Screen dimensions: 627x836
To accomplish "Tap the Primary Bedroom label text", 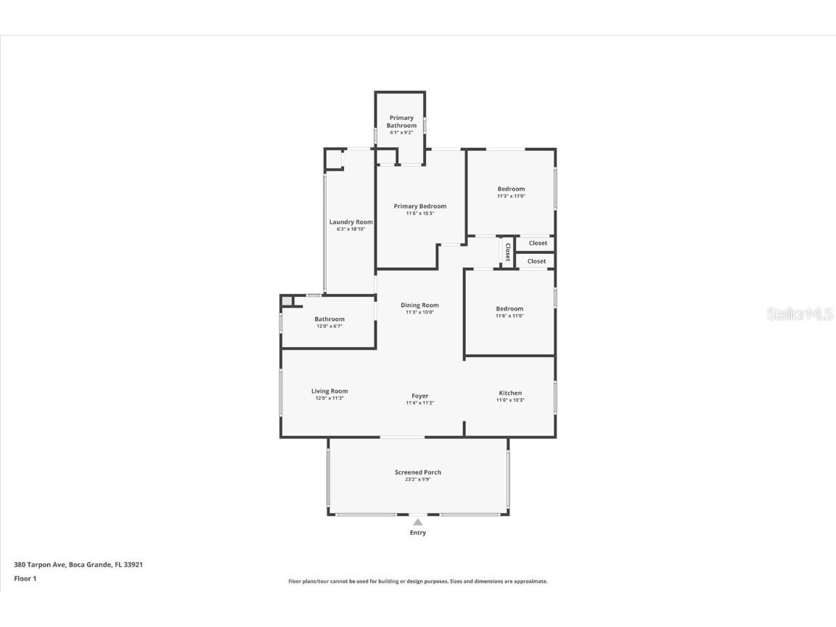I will (x=420, y=206).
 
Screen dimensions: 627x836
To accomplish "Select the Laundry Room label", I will (x=351, y=222).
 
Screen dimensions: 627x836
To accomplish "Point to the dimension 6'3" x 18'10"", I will (x=351, y=229).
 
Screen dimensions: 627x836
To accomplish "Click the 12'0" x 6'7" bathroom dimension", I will (x=329, y=327).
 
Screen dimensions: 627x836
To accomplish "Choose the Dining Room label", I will (x=419, y=306).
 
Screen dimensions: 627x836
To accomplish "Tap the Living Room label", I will (x=329, y=391).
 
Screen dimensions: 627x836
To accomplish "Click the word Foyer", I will (x=419, y=396).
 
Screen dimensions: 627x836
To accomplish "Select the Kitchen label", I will (x=510, y=393).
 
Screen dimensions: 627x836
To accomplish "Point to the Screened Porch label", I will (x=418, y=472).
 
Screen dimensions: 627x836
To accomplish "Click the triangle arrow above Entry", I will (x=418, y=521).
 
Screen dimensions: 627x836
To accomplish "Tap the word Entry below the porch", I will (x=418, y=533).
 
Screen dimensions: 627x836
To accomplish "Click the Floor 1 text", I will (x=25, y=578).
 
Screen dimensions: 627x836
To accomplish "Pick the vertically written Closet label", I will (x=507, y=252).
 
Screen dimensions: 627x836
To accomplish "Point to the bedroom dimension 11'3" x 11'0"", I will (x=511, y=196).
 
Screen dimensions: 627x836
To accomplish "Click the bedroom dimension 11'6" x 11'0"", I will (x=509, y=316).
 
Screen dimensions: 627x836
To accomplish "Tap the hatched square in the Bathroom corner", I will (x=287, y=300).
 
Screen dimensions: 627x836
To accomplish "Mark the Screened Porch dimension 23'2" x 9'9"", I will (x=418, y=480).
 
